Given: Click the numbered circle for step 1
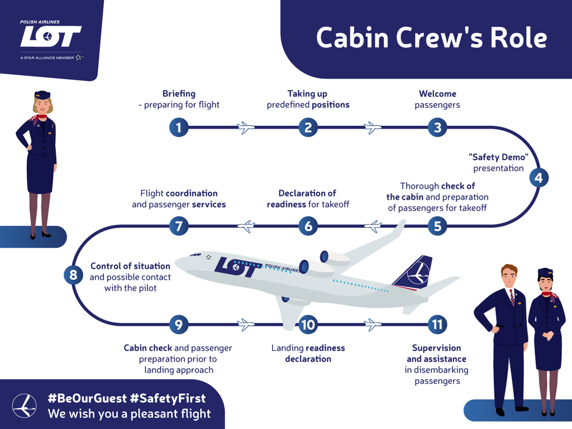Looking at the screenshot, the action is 179,128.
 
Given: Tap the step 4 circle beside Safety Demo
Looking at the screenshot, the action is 539,178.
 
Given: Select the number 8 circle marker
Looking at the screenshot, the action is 73,274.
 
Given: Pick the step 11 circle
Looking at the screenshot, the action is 437,325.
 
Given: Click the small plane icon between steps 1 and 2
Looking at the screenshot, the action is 246,128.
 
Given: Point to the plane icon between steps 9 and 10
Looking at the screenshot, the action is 246,325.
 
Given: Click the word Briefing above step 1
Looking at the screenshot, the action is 179,94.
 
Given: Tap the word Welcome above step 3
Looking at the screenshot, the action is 437,94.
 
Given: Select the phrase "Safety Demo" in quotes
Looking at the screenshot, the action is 498,157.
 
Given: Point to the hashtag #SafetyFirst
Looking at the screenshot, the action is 168,398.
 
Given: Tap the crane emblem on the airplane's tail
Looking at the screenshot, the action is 418,273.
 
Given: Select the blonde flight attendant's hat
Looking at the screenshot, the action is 42,95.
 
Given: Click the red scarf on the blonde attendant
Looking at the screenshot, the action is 40,118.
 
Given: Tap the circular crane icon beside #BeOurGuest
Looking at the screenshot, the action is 25,406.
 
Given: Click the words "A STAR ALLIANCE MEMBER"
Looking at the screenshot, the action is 47,58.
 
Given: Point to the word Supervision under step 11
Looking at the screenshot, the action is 437,348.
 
